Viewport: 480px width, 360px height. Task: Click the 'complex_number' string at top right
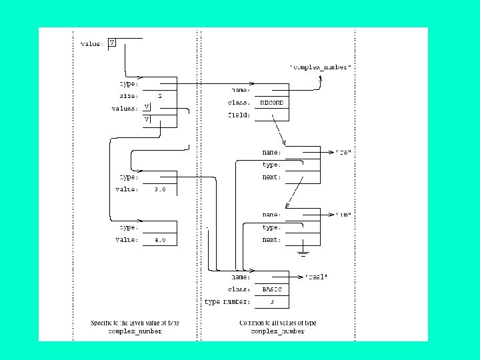tap(320, 68)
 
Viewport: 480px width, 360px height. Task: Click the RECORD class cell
tap(271, 103)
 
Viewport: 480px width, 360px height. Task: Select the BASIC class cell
tap(271, 289)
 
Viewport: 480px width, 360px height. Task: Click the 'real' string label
tap(317, 277)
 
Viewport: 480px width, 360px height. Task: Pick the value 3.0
tap(159, 190)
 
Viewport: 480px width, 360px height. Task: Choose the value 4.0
tap(159, 240)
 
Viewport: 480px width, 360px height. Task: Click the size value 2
tap(159, 96)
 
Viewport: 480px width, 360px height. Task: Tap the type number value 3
tap(271, 302)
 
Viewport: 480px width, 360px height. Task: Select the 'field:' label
tap(240, 115)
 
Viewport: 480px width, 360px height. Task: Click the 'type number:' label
tap(227, 302)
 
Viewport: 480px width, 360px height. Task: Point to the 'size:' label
tap(129, 96)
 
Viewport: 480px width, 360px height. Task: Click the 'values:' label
tap(125, 109)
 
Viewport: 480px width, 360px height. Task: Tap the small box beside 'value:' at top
tap(111, 43)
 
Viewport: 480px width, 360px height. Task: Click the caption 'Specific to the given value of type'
tap(135, 323)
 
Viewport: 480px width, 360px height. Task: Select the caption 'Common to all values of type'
tap(278, 323)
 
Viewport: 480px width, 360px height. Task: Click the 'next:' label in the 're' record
tap(271, 177)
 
